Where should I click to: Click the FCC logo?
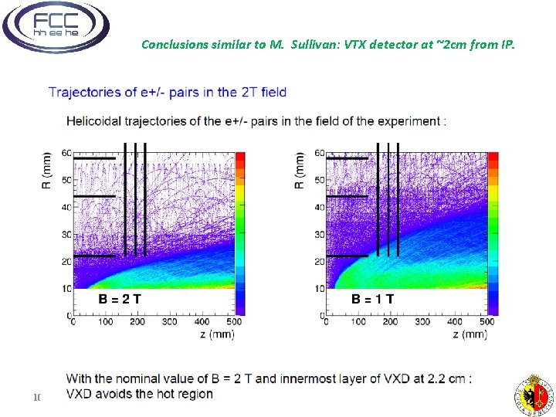click(56, 27)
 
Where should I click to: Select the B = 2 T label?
click(119, 298)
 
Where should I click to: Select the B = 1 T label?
click(373, 298)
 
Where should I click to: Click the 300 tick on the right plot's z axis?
click(422, 321)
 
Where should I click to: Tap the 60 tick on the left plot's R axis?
click(67, 153)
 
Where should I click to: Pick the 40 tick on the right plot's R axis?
click(320, 207)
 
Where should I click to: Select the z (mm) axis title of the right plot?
click(470, 334)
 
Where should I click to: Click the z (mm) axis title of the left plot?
click(217, 334)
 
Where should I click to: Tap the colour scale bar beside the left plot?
click(240, 232)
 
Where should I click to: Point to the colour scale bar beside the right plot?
click(493, 232)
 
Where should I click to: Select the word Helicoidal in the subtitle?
click(95, 121)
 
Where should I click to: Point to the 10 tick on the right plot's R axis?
click(320, 289)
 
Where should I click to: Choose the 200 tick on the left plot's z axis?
click(138, 321)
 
